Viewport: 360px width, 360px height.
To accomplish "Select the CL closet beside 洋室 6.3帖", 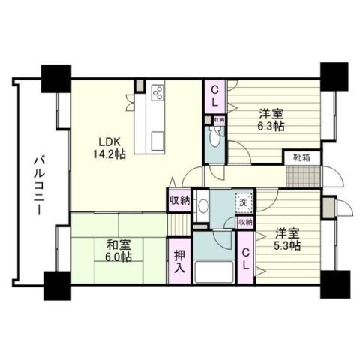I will tap(215, 95).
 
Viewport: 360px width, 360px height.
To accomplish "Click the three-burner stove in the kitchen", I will tap(158, 93).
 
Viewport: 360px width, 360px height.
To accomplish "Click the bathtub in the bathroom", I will tap(214, 271).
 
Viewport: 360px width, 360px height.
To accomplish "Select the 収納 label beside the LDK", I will tap(180, 201).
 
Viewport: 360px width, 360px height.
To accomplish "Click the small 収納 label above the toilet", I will tap(218, 119).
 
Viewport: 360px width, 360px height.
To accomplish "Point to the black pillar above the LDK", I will tap(55, 75).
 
